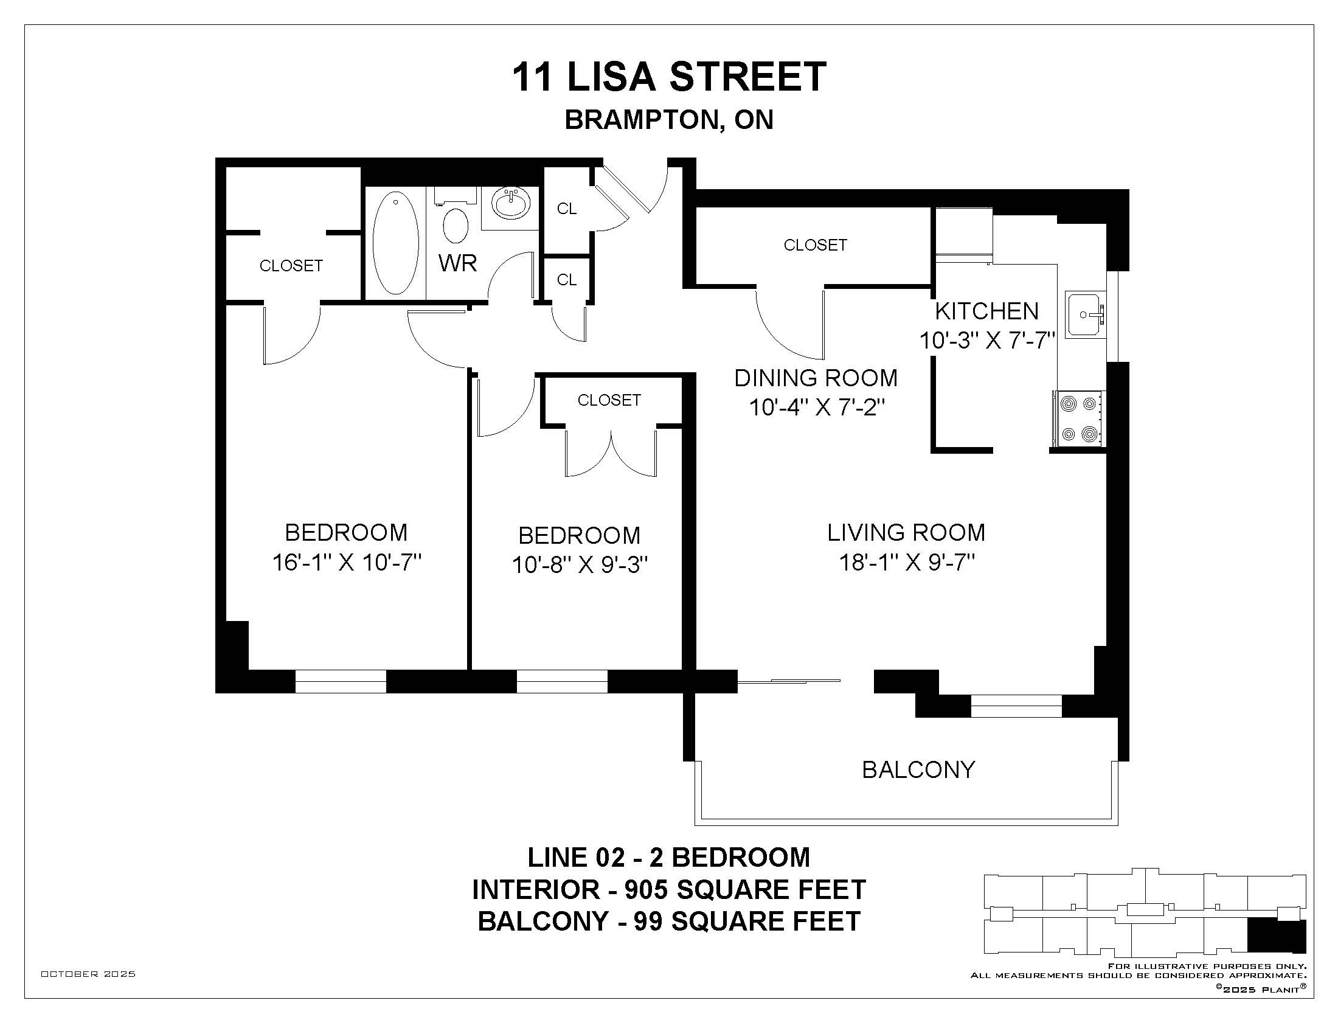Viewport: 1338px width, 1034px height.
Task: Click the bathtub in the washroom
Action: coord(396,243)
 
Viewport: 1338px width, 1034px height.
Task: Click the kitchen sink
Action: coord(1085,314)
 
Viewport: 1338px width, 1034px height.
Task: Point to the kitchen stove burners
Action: coord(1079,419)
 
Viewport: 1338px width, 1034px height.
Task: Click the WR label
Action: coord(457,263)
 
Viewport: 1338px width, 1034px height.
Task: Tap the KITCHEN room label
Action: coord(986,311)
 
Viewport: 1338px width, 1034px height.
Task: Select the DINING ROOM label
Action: coord(816,378)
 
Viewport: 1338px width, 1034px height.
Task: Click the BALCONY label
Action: coord(918,770)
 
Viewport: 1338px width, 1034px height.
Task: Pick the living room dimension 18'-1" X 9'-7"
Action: coord(907,563)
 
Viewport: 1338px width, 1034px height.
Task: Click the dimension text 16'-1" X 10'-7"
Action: coord(347,563)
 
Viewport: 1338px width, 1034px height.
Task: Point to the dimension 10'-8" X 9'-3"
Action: coord(580,565)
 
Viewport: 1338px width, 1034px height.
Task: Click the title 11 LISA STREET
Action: coord(669,77)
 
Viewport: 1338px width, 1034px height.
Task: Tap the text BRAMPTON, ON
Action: coord(669,120)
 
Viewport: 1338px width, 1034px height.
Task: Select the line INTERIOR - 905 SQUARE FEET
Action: coord(669,889)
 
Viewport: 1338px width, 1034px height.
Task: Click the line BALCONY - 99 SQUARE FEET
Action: coord(669,921)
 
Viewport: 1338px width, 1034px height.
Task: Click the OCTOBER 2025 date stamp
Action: coord(88,974)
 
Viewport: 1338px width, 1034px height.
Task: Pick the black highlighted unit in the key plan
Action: coord(1277,935)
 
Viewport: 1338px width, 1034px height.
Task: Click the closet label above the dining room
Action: coord(816,245)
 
